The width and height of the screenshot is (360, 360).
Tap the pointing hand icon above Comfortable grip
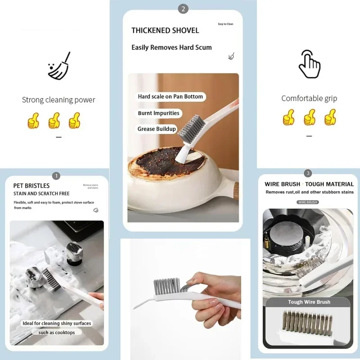[309, 64]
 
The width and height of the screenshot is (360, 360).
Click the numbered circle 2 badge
[183, 9]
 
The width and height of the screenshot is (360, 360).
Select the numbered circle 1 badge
[56, 175]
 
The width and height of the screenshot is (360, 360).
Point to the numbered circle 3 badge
[308, 173]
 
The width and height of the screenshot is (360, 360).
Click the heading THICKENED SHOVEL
[165, 31]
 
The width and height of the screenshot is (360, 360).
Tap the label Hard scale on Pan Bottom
[171, 96]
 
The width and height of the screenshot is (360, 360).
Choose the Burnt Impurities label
[158, 113]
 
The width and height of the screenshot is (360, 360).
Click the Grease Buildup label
[157, 129]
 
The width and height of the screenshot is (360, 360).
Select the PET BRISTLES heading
[31, 185]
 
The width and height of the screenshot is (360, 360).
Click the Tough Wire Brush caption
[309, 302]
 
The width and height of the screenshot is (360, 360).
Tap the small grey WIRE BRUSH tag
[308, 202]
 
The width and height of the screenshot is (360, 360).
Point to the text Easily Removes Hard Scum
[171, 47]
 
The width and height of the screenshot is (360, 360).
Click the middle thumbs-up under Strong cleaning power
[54, 120]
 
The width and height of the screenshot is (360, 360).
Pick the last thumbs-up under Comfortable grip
[330, 117]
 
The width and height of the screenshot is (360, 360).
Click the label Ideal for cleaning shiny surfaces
[57, 323]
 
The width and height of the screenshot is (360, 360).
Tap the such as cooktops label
[57, 333]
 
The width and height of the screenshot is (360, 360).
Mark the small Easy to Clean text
[225, 24]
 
